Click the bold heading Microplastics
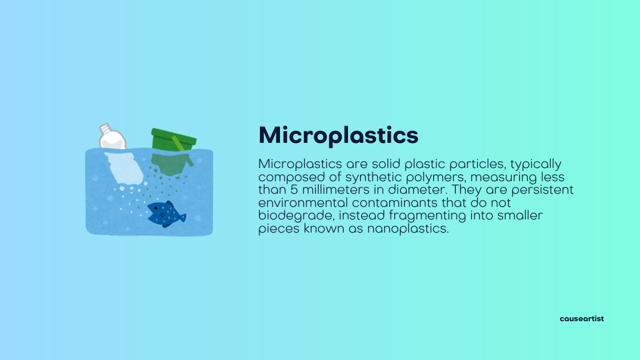[x=338, y=135]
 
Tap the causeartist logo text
[x=581, y=318]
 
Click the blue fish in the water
[x=165, y=213]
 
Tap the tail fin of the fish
[x=181, y=218]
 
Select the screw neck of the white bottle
[x=105, y=129]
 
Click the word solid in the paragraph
[x=382, y=164]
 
